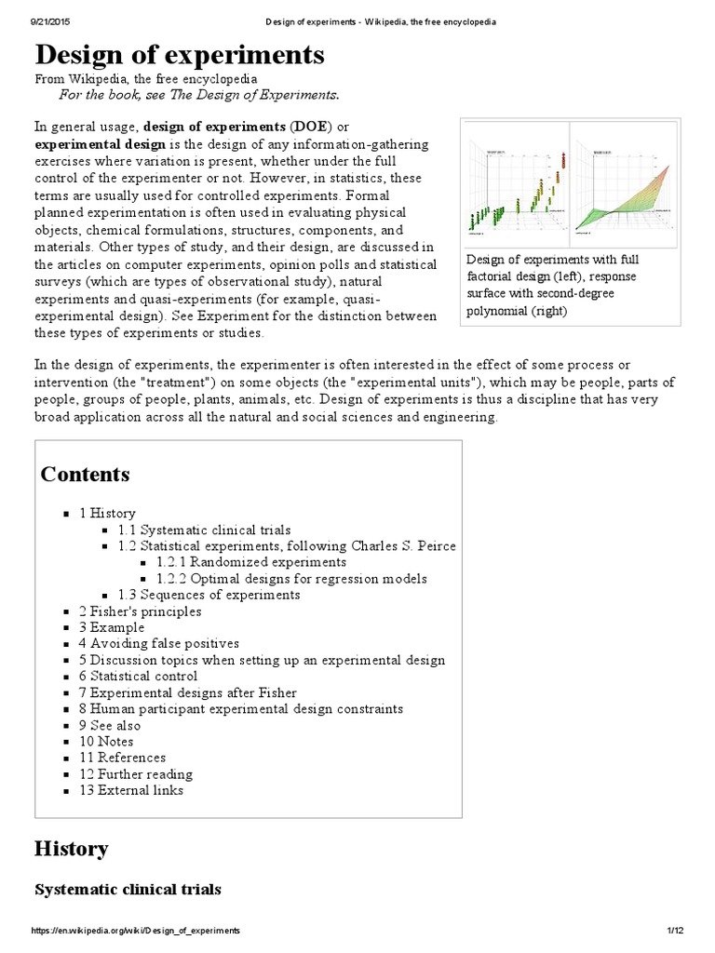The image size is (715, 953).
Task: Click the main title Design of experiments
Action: [180, 56]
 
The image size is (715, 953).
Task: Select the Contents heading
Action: [85, 475]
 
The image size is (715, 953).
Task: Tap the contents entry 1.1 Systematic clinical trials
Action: [204, 530]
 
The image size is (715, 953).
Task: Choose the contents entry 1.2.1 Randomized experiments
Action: [251, 562]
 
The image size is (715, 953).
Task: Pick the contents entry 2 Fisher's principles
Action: [140, 611]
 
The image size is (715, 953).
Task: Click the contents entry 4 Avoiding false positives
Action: [158, 643]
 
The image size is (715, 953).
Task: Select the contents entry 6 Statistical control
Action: [138, 676]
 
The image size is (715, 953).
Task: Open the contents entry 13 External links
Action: [131, 790]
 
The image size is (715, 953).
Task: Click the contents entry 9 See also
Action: [110, 725]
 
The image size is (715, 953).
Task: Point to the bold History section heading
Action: [71, 849]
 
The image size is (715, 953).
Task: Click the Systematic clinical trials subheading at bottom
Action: [128, 890]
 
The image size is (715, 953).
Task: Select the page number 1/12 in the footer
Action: [675, 931]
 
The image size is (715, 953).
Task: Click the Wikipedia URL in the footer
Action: [135, 931]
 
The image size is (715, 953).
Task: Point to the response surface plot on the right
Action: [624, 185]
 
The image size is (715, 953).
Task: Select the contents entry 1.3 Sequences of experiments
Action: [209, 595]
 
